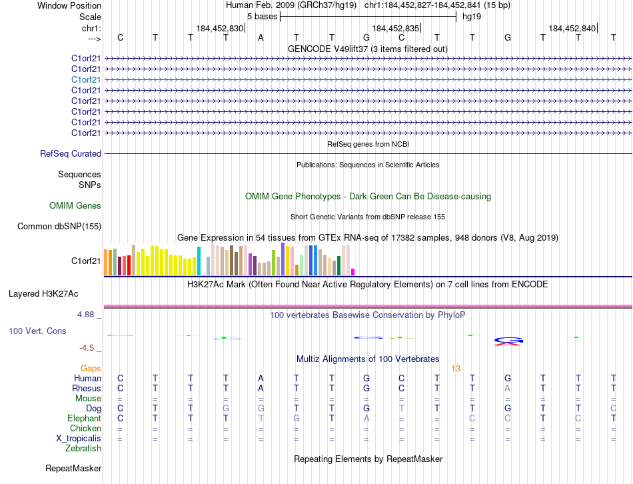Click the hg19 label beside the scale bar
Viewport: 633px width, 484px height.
click(472, 16)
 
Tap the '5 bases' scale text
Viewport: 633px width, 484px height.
click(260, 16)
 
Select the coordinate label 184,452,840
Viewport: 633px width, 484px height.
click(572, 28)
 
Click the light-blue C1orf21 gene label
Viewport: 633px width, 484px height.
click(86, 79)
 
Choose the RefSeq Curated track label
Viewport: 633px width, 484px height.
click(71, 154)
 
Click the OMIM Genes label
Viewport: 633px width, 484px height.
click(75, 206)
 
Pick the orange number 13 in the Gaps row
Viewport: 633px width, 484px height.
click(456, 368)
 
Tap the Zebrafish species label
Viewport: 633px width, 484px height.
click(84, 449)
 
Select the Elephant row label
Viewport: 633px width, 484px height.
click(84, 419)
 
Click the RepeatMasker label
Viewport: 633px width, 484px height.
click(73, 469)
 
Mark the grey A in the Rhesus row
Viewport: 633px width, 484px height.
click(508, 389)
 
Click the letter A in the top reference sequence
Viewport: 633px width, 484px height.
click(261, 37)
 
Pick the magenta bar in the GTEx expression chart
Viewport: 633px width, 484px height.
click(353, 271)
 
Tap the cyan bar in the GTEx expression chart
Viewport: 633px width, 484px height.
click(199, 261)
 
